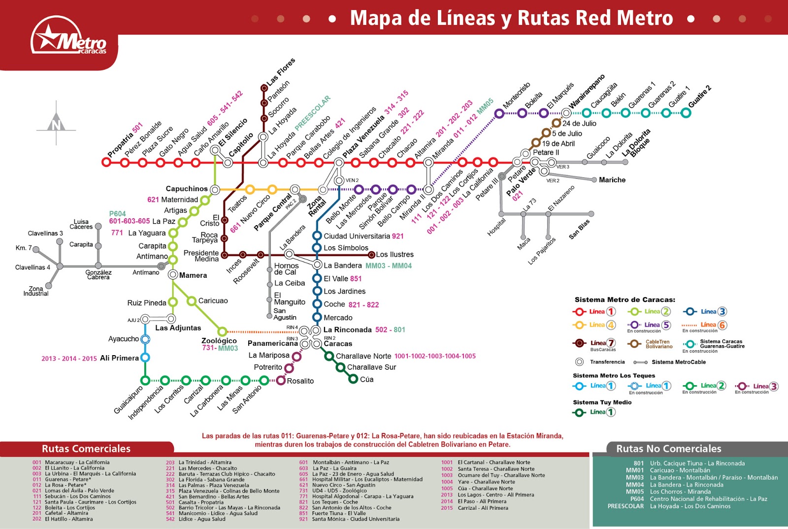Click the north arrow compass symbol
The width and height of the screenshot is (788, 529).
(x=56, y=123)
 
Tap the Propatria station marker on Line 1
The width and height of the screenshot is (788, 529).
(x=106, y=162)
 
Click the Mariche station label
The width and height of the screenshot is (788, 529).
(x=612, y=180)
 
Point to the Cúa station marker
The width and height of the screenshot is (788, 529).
(x=353, y=379)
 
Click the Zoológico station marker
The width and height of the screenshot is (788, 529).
(x=222, y=331)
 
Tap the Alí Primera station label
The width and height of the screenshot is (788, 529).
(x=119, y=358)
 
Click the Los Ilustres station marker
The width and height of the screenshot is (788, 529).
(x=372, y=255)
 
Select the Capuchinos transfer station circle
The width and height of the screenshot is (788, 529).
(x=215, y=189)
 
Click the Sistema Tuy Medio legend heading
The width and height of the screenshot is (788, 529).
(x=602, y=402)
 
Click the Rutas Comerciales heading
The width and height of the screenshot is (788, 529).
(x=86, y=449)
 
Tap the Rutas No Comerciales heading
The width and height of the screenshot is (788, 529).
(x=668, y=449)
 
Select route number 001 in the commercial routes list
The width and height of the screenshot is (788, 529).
(x=37, y=463)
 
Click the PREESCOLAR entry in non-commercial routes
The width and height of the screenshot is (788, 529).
(x=625, y=506)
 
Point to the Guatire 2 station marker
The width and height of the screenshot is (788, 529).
(x=686, y=113)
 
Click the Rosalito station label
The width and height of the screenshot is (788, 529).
(x=300, y=381)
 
